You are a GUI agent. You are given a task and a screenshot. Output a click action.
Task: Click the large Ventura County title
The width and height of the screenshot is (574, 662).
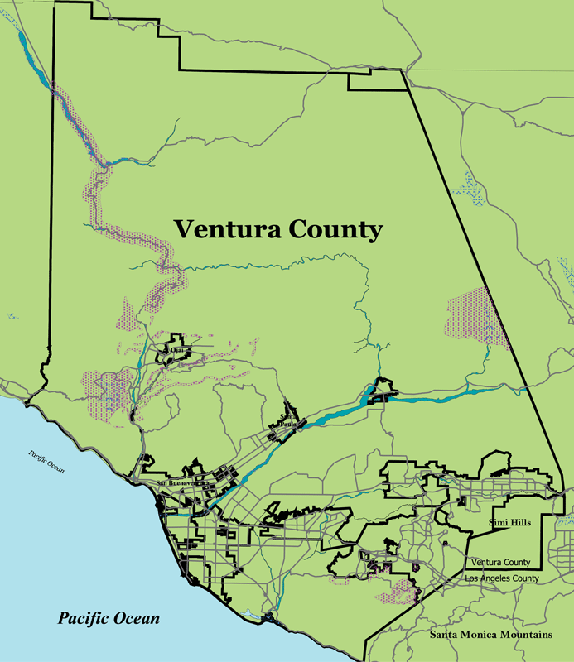pos(277,228)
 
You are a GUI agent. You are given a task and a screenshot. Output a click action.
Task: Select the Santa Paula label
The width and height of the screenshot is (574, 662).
pos(287,421)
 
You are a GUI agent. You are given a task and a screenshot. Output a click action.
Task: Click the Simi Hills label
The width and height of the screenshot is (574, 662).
pos(504,522)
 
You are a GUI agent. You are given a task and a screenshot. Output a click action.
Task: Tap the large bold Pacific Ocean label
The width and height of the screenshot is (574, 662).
pos(109,618)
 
